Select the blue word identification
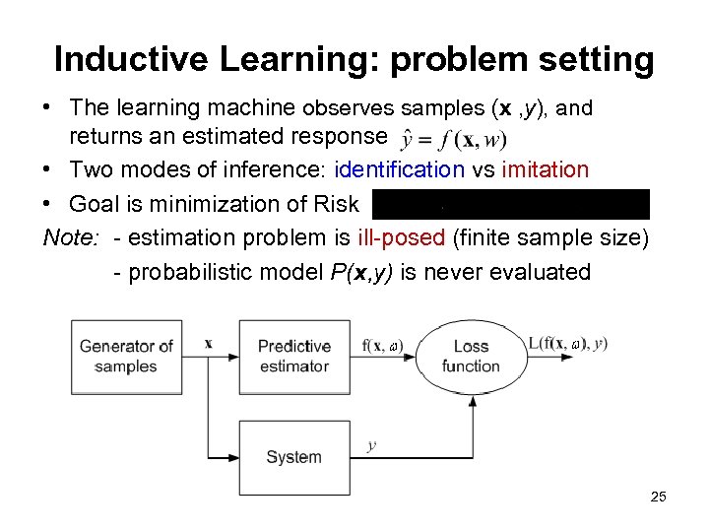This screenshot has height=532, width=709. (400, 170)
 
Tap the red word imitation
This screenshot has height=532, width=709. (545, 170)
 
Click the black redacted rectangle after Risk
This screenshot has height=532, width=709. (511, 204)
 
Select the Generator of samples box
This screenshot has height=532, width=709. (126, 356)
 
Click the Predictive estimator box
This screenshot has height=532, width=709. (293, 356)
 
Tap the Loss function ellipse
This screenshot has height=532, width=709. (471, 356)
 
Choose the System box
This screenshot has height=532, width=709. (293, 456)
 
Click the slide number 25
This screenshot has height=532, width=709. (659, 497)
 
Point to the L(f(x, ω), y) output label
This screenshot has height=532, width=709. (567, 344)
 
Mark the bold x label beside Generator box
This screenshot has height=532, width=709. (208, 344)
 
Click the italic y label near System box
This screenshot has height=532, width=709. (371, 445)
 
